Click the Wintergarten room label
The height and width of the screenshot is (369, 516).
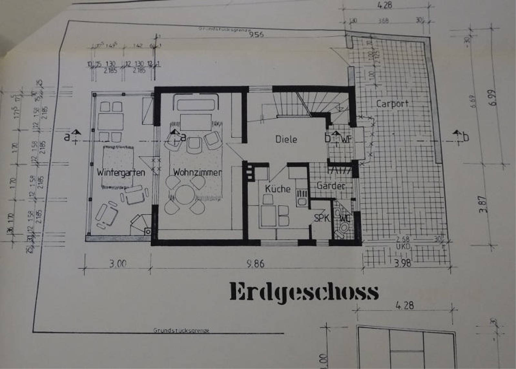[x=121, y=173]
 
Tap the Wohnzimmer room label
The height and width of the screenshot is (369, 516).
[x=197, y=172]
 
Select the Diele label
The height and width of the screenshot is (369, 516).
[x=286, y=139]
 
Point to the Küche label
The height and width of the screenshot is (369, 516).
[x=278, y=189]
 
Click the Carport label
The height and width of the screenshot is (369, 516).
[x=392, y=104]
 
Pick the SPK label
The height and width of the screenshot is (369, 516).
[x=321, y=218]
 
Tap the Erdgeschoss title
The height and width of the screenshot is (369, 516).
[x=304, y=292]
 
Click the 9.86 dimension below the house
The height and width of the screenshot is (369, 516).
[x=255, y=264]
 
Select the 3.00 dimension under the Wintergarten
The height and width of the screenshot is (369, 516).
[x=118, y=264]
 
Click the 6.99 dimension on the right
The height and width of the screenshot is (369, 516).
[x=493, y=98]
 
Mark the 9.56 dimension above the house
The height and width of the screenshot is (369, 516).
[x=256, y=34]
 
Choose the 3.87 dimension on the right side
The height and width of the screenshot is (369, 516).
[x=483, y=204]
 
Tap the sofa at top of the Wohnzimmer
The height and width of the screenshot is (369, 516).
[x=196, y=104]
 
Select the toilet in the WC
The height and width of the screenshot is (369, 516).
[x=343, y=228]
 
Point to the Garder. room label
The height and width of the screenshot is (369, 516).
[x=331, y=186]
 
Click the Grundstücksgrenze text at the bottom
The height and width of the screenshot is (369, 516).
[x=181, y=331]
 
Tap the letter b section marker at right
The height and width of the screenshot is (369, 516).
[x=466, y=137]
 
